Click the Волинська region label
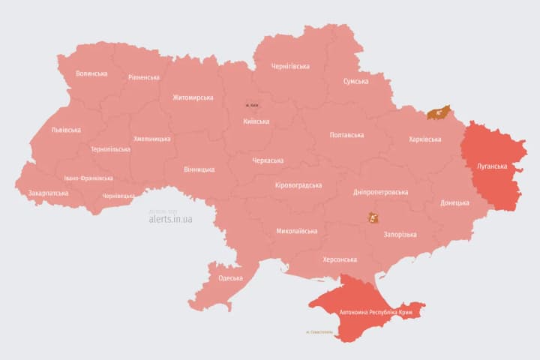pos(91,73)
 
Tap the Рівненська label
pos(143,77)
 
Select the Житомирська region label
pos(193,97)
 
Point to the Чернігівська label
pos(290,66)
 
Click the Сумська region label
pos(355,81)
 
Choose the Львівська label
pos(66,130)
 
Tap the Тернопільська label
pos(110,149)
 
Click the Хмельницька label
pos(152,139)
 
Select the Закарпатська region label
pos(48,193)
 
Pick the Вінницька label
pos(199,169)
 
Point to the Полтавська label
pos(346,135)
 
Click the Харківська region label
pos(425,139)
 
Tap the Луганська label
pos(492,166)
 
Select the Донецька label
pos(454,202)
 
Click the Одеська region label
pos(230,278)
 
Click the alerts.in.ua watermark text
pos(170,219)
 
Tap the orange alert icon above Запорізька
pos(373,218)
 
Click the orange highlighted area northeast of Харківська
pos(438,113)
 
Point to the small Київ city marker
pos(252,106)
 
